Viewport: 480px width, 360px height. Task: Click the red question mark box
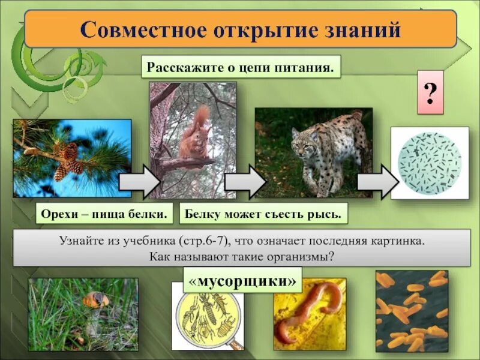coord(430,93)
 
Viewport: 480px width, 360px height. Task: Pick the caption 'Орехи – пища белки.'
coord(104,213)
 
